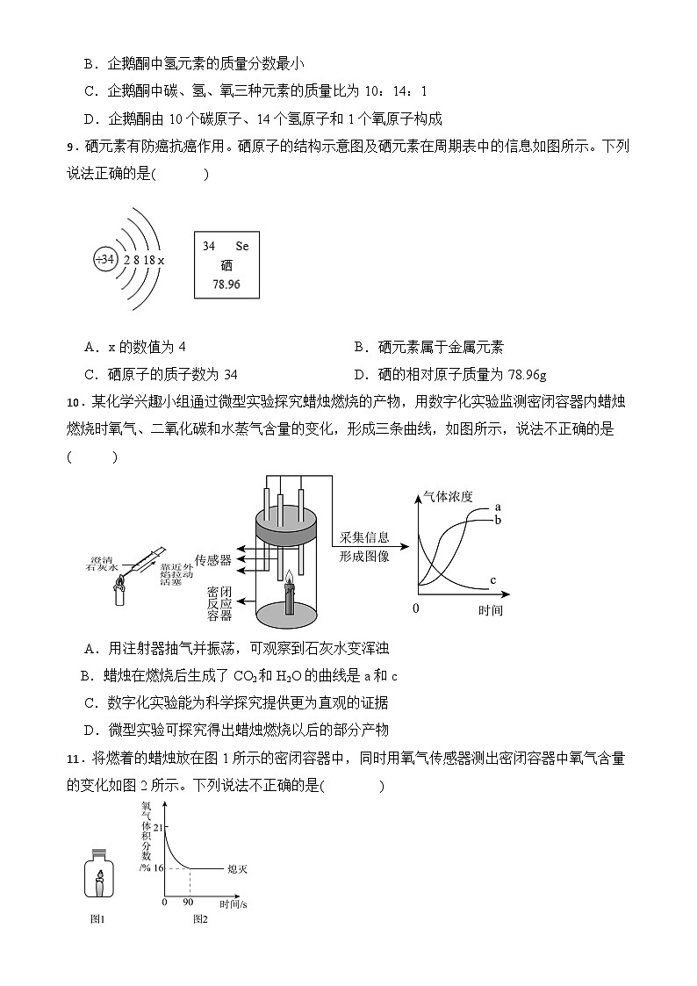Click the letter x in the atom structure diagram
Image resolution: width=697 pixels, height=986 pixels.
162,261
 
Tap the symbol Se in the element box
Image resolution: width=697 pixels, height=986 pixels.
242,247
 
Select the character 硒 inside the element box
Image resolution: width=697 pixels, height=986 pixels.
226,266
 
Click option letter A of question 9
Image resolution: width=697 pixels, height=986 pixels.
90,348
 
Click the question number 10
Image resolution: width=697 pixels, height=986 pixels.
73,403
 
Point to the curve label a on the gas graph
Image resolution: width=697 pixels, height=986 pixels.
498,507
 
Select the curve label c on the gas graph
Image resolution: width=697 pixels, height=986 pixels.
493,580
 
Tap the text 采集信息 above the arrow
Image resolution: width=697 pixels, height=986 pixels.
364,537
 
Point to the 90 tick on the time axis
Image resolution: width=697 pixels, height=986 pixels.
189,902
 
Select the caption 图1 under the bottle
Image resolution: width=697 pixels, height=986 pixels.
98,919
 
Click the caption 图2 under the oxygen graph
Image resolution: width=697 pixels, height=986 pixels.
200,919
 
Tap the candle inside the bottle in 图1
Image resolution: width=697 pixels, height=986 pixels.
100,882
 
